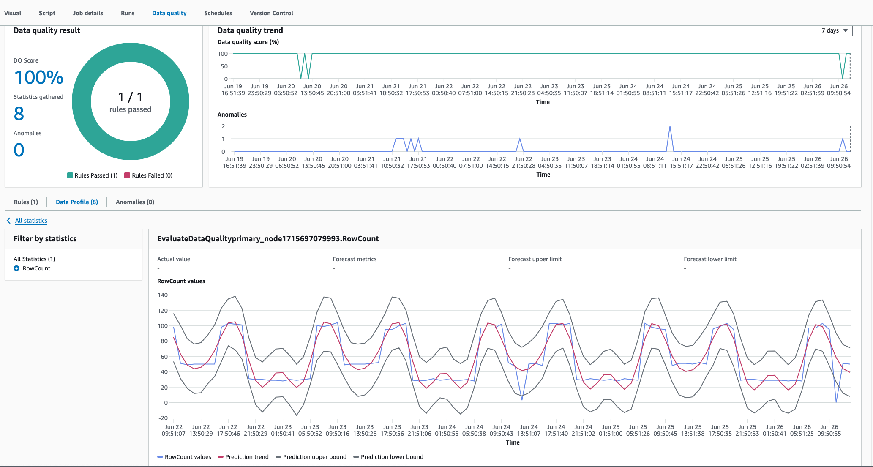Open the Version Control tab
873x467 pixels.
tap(271, 13)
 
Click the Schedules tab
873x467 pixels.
tap(218, 13)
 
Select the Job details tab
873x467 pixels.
tap(88, 13)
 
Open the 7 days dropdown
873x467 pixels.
tap(835, 30)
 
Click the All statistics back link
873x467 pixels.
tap(31, 221)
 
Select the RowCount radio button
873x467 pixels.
tap(16, 268)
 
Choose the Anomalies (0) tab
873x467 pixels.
tap(135, 202)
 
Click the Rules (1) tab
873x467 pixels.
tap(26, 202)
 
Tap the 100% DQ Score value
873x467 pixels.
tap(38, 77)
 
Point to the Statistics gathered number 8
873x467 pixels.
tap(19, 114)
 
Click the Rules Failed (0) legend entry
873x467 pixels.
tap(148, 175)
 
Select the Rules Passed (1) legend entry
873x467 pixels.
tap(92, 175)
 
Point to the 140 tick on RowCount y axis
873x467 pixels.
tap(163, 295)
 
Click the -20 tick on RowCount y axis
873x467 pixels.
tap(163, 418)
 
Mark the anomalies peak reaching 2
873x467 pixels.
tap(670, 126)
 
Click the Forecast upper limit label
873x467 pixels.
tap(535, 259)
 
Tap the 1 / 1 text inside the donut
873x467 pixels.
tap(130, 97)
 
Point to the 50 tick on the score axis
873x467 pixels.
tap(224, 66)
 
